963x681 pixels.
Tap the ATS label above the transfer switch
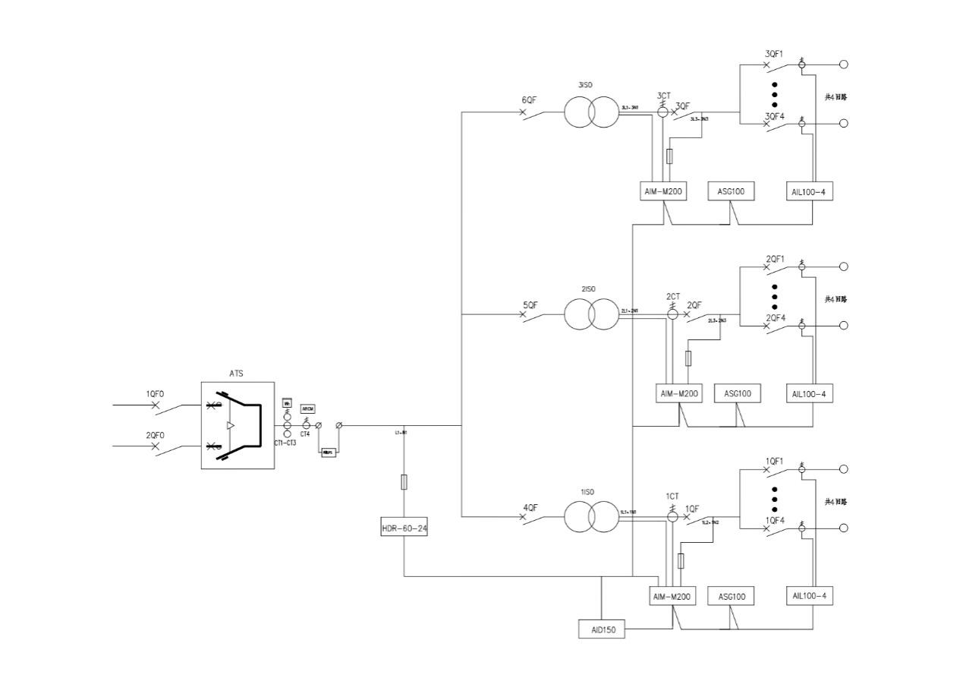pos(237,374)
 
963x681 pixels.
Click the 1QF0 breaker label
pos(155,394)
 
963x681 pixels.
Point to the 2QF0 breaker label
pos(155,435)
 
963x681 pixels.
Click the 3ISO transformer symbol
pos(591,112)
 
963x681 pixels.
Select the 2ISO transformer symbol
pos(591,314)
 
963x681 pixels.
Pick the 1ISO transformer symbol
pos(591,517)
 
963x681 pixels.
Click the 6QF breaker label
pos(530,100)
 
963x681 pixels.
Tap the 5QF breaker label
pos(530,304)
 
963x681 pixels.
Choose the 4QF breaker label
pos(530,507)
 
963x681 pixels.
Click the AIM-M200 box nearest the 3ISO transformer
pos(664,192)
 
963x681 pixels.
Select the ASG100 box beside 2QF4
pos(737,394)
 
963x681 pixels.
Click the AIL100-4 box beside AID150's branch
pos(810,596)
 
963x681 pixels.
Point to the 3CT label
pos(664,96)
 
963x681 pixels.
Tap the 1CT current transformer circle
pos(672,517)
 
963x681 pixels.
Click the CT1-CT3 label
pos(285,443)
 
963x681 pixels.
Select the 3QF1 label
pos(774,54)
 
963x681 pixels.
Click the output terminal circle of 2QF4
pos(843,325)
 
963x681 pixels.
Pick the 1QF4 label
pos(774,520)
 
